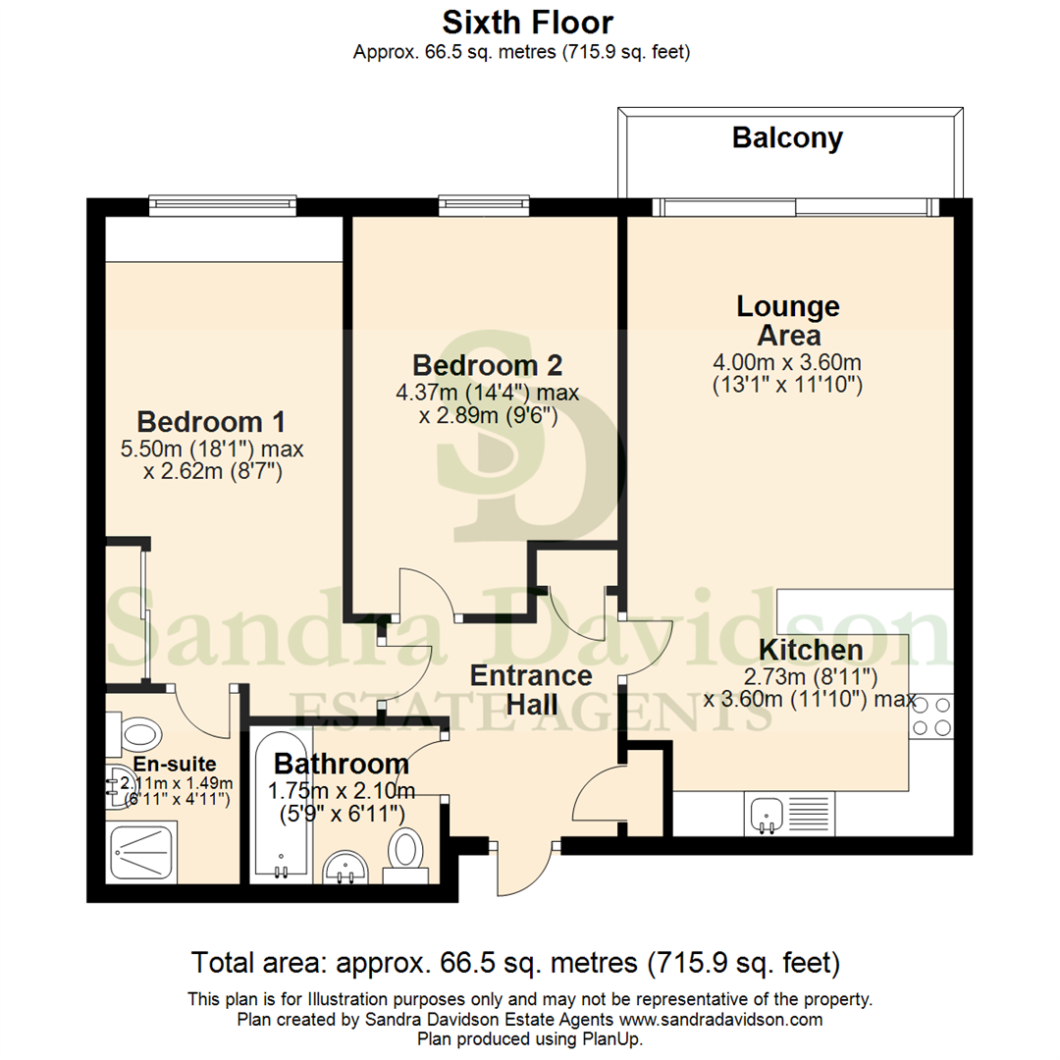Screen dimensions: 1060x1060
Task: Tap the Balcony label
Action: (787, 138)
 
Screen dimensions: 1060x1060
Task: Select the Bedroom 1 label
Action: (211, 422)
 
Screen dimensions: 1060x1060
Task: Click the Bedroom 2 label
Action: (487, 365)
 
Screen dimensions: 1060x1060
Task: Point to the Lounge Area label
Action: (788, 320)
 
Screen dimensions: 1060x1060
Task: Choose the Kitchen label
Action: (812, 649)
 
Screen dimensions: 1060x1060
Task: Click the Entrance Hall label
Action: (530, 690)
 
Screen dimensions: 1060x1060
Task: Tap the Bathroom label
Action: (341, 764)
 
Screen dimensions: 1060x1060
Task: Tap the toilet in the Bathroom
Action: (404, 849)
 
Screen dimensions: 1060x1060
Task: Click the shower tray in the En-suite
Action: (147, 852)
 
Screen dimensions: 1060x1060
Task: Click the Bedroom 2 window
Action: (484, 205)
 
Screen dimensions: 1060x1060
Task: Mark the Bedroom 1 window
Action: (222, 204)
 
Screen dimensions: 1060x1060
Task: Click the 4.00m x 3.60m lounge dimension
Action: (787, 362)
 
